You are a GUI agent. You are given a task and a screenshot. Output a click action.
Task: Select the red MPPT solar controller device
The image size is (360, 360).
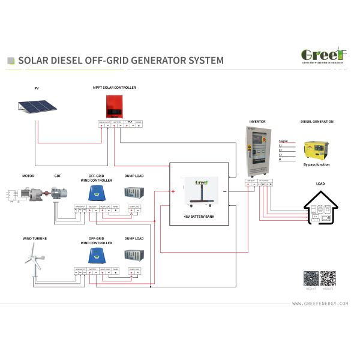tap(113, 106)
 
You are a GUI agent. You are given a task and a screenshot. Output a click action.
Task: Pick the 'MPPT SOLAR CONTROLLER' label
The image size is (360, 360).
tap(114, 88)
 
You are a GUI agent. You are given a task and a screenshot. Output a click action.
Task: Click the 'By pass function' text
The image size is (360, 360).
tap(316, 164)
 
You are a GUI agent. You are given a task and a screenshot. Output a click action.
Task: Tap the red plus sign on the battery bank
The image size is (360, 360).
tap(173, 192)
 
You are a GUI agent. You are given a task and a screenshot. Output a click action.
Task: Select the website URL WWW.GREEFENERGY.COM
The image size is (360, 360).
tap(320, 304)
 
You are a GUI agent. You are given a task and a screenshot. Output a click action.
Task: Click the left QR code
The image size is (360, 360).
tap(310, 280)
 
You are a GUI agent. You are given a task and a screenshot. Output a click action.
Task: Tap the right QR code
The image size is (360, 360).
tap(328, 280)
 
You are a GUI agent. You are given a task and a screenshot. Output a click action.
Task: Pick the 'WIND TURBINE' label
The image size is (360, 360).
tap(35, 239)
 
